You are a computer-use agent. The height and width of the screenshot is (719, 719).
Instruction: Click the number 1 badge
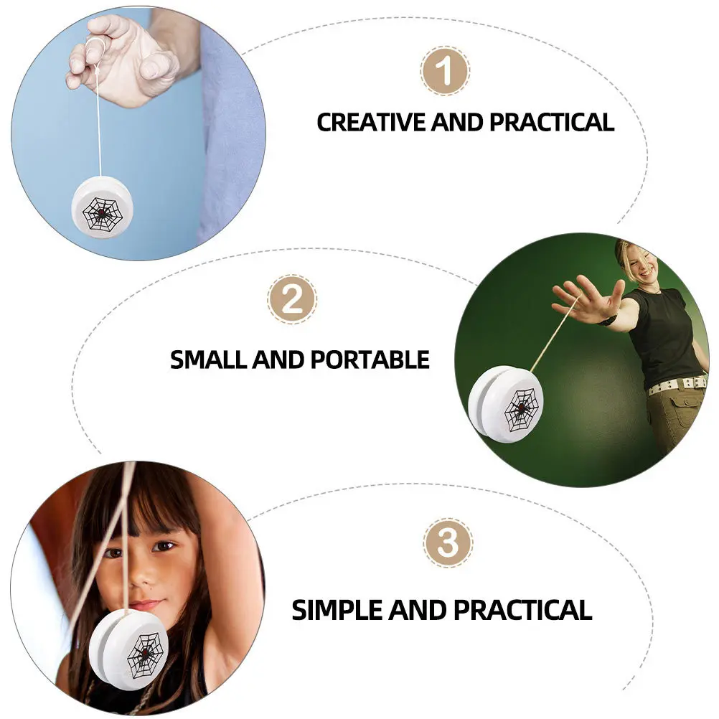(445, 71)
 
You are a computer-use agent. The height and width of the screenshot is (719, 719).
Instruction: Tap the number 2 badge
(291, 299)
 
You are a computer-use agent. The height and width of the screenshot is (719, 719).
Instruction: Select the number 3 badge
(447, 542)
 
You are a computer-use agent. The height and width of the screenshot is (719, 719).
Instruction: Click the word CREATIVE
(372, 122)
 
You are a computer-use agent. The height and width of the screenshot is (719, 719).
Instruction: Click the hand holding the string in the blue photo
(122, 57)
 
